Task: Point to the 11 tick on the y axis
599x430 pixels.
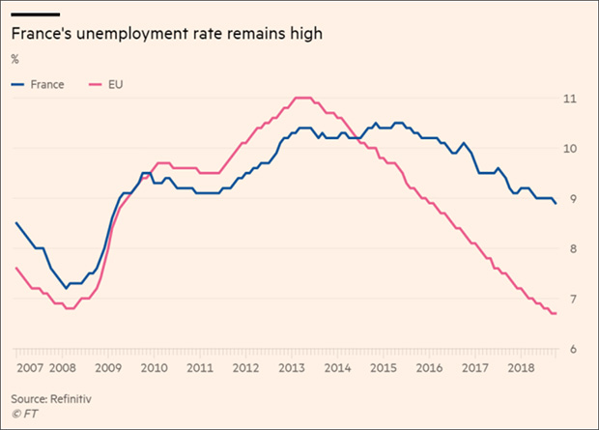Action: point(571,99)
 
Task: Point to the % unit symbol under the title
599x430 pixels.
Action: point(15,59)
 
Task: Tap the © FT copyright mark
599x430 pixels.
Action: point(24,415)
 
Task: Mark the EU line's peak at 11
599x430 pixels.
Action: point(302,98)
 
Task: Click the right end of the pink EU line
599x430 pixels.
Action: point(556,314)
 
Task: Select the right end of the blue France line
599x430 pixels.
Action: point(556,203)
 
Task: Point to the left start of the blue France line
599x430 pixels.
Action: point(16,223)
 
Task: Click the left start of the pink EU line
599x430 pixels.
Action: point(16,268)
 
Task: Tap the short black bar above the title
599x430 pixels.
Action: point(36,14)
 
